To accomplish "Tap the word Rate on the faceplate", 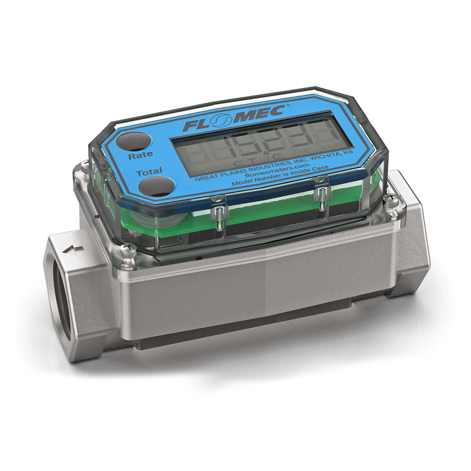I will click(x=141, y=155).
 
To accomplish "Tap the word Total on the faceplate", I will click(x=149, y=172).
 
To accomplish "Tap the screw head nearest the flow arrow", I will click(x=127, y=251).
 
